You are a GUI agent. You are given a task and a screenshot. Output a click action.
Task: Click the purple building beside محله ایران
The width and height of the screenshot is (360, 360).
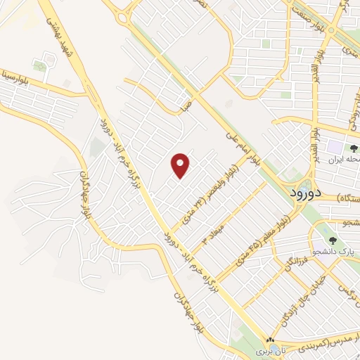click(x=331, y=148)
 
